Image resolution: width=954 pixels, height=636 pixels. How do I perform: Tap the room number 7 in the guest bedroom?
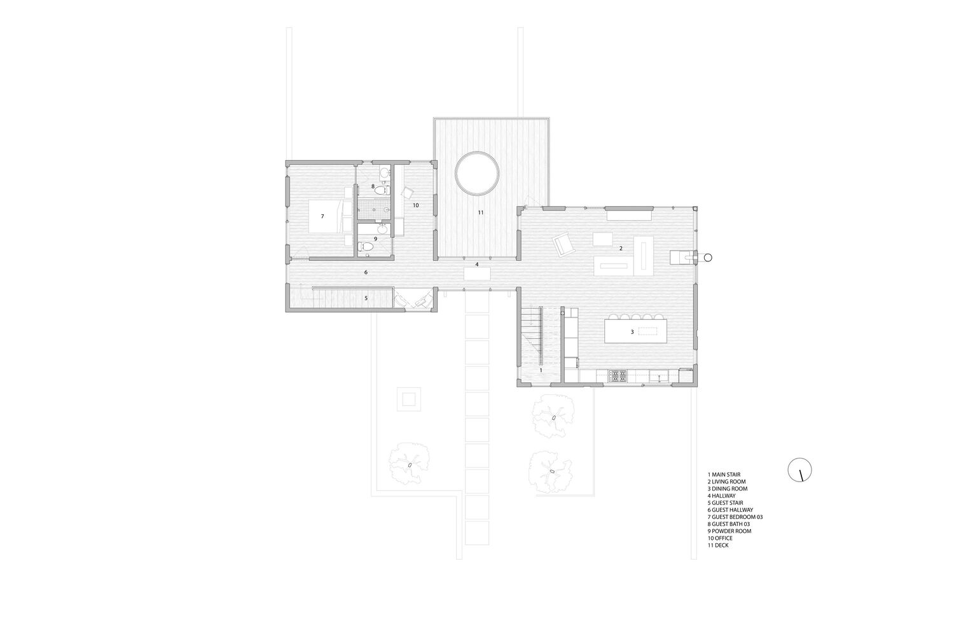[x=322, y=216]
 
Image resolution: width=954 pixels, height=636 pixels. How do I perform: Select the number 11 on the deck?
[x=480, y=212]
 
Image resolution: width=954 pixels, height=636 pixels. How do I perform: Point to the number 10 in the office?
[x=416, y=205]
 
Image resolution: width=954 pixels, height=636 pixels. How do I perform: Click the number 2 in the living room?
[x=621, y=248]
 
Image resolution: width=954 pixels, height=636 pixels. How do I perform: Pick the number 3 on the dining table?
[x=632, y=332]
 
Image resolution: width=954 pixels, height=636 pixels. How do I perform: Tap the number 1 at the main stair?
[x=541, y=370]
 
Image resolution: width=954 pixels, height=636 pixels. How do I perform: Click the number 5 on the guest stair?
[x=366, y=298]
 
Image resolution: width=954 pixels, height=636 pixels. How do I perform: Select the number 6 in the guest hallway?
[x=366, y=272]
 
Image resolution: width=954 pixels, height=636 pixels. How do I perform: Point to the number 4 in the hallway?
[x=477, y=265]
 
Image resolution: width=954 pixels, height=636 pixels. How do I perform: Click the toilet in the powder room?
[x=366, y=246]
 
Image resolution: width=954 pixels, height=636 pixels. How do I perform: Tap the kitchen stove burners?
[x=618, y=376]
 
